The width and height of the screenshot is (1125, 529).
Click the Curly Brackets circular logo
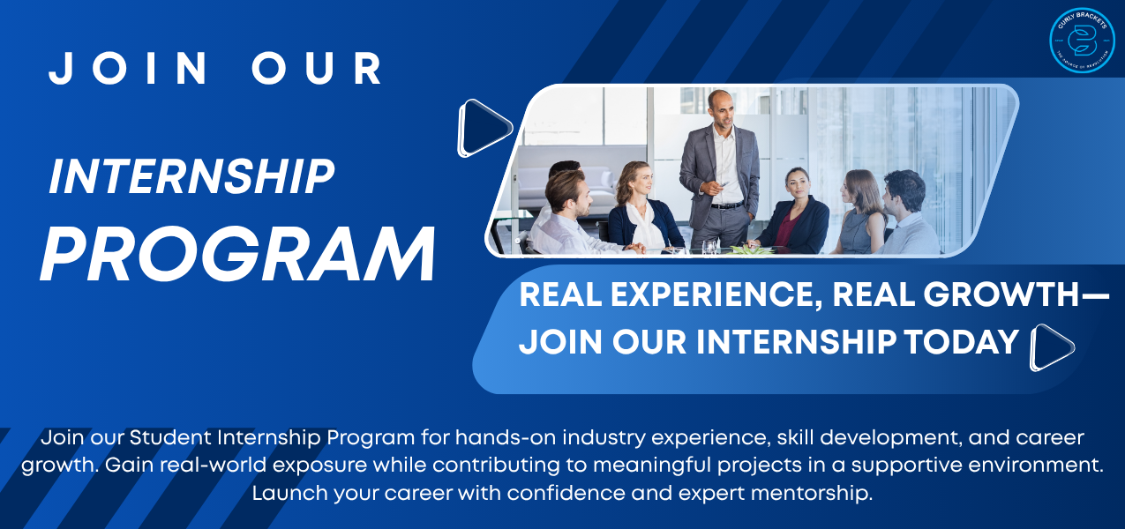point(1082,40)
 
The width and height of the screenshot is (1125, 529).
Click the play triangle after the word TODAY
point(1051,347)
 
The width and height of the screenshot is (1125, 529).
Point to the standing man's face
point(721,108)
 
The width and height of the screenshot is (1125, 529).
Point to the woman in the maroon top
point(798,212)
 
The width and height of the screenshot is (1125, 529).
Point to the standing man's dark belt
point(727,205)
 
